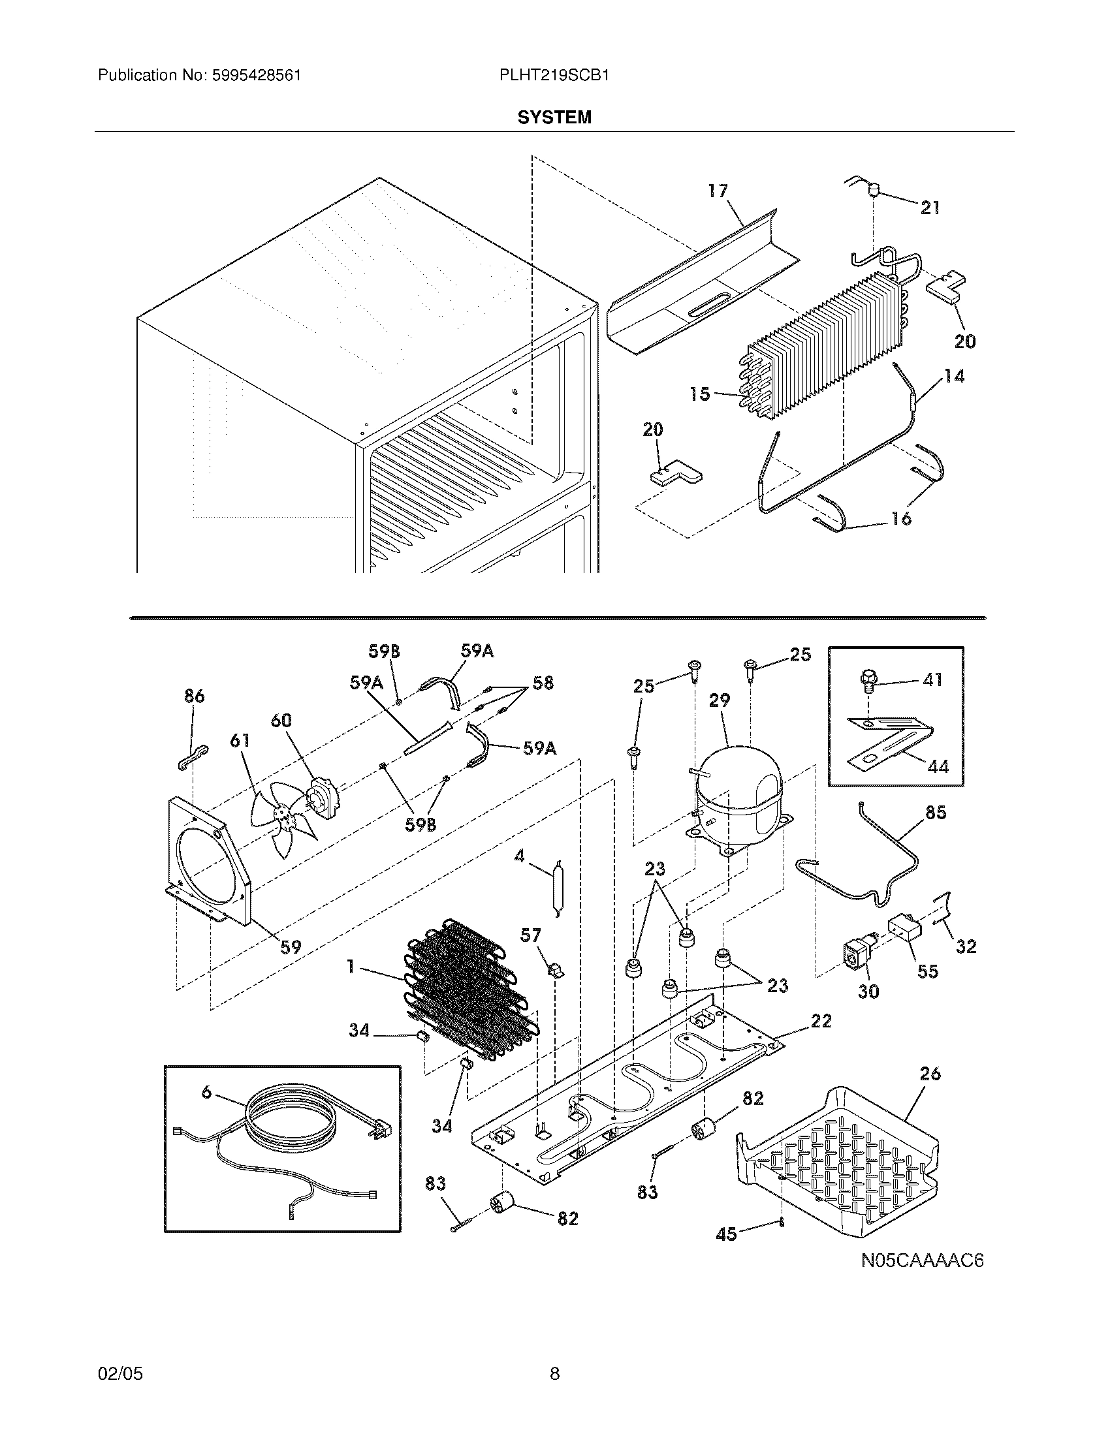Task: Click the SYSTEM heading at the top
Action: pyautogui.click(x=554, y=117)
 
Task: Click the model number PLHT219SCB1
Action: pyautogui.click(x=554, y=75)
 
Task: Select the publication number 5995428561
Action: pyautogui.click(x=256, y=75)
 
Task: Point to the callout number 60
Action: pyautogui.click(x=281, y=721)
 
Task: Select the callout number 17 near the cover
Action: pyautogui.click(x=718, y=191)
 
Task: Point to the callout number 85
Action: pyautogui.click(x=936, y=813)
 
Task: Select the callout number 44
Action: pyautogui.click(x=938, y=766)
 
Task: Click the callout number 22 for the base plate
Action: pyautogui.click(x=821, y=1020)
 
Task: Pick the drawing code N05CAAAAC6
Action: pyautogui.click(x=923, y=1260)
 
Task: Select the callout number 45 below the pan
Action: pyautogui.click(x=726, y=1234)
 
